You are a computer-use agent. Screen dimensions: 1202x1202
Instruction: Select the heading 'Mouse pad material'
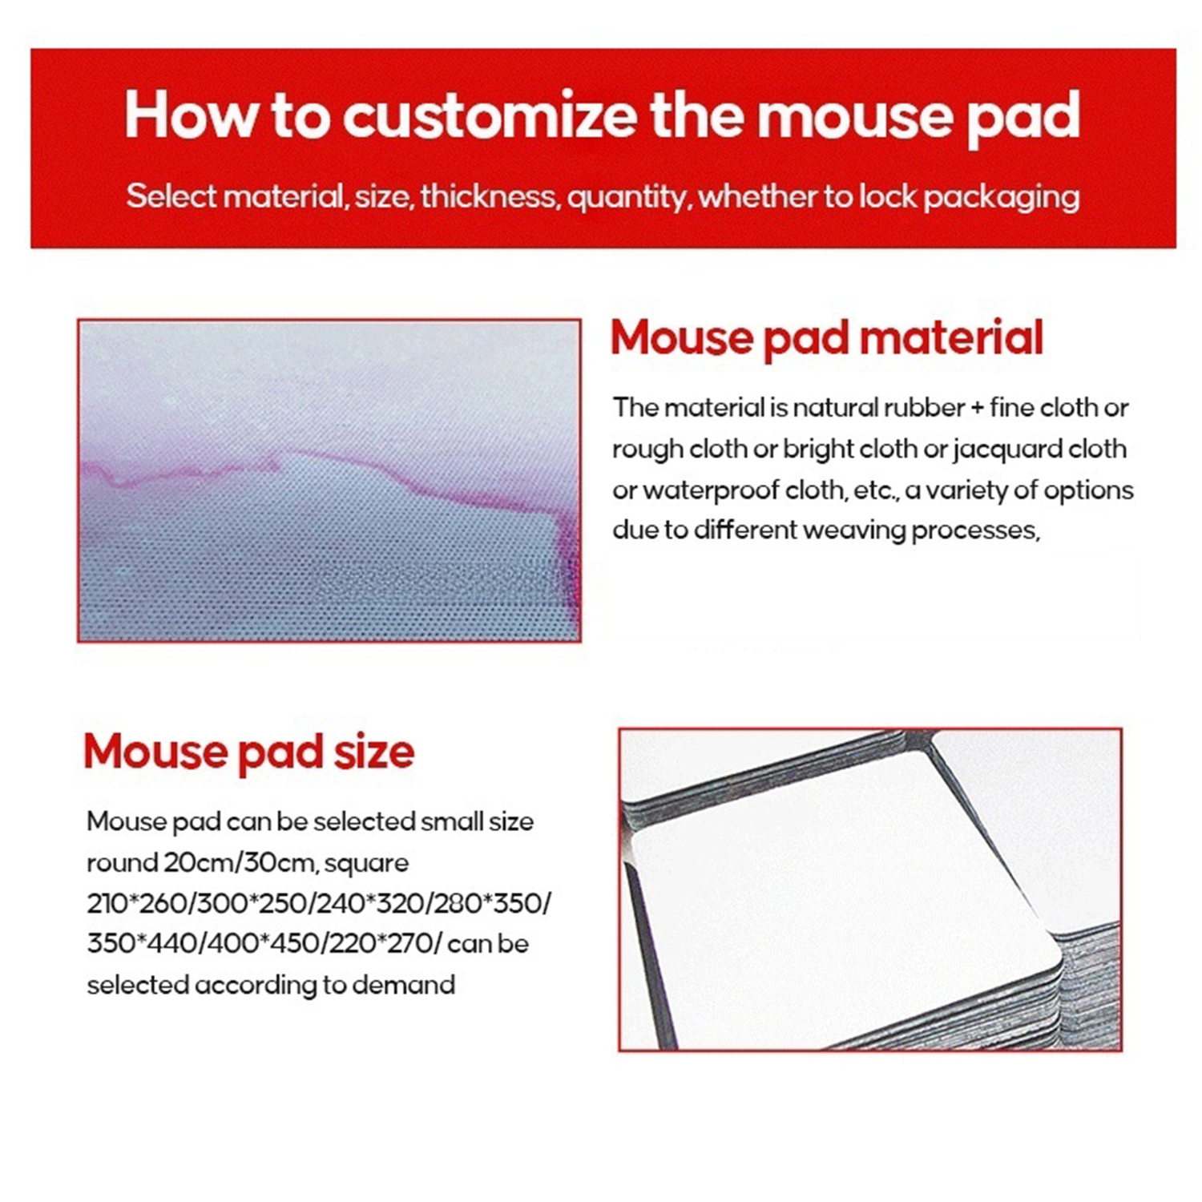[x=826, y=337]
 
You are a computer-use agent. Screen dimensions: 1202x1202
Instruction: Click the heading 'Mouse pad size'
[x=248, y=752]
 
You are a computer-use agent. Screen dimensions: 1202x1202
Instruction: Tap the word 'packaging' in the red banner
[x=1001, y=197]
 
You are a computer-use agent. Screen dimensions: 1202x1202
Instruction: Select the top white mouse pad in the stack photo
[x=841, y=906]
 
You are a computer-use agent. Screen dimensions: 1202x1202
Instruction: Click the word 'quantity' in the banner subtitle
[x=627, y=197]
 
